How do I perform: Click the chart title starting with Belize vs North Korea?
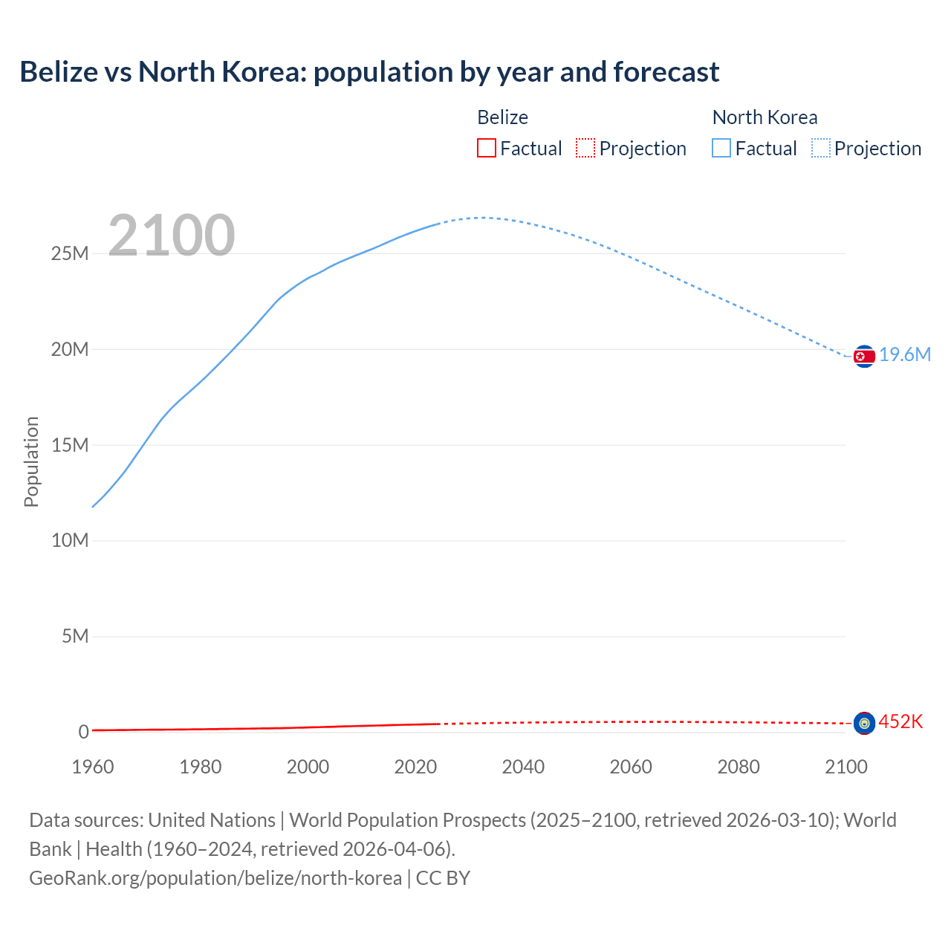[x=369, y=72]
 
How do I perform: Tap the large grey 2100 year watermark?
[x=172, y=236]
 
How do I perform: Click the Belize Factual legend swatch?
[x=487, y=148]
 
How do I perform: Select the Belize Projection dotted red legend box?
[x=585, y=148]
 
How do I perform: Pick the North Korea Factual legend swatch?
[x=721, y=148]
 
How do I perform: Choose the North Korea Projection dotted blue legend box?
[x=820, y=148]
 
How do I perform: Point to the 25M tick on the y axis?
[x=70, y=254]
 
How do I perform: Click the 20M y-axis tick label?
[x=70, y=350]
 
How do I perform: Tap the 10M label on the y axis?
[x=70, y=541]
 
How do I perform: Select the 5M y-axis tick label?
[x=75, y=637]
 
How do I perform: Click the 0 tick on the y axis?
[x=83, y=733]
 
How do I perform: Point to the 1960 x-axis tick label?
[x=93, y=767]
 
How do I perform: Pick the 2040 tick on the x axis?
[x=523, y=767]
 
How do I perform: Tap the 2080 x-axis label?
[x=739, y=767]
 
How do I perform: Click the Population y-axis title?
[x=31, y=461]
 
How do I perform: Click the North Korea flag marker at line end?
[x=864, y=357]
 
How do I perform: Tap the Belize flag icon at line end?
[x=864, y=723]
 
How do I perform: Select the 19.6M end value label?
[x=905, y=355]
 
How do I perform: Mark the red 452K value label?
[x=900, y=722]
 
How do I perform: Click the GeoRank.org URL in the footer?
[x=215, y=878]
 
